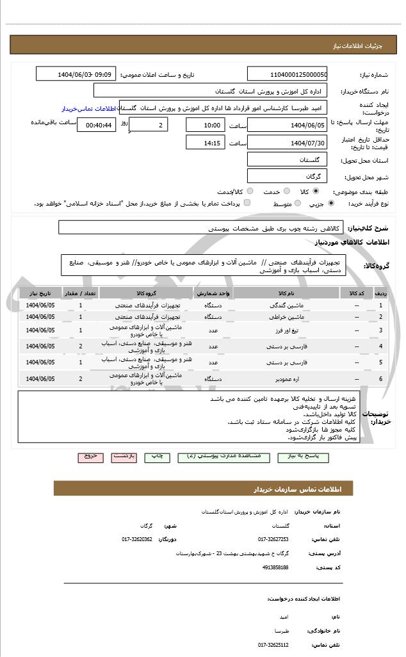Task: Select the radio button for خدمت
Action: click(x=286, y=191)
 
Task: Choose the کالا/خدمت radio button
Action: click(x=250, y=191)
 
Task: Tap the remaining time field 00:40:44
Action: click(x=96, y=126)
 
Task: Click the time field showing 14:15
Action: click(x=205, y=142)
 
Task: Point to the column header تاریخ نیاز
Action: click(x=40, y=293)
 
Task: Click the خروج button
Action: click(x=90, y=457)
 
